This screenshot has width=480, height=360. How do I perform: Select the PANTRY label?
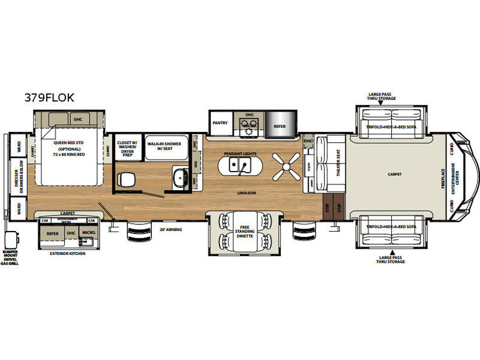[x=220, y=123]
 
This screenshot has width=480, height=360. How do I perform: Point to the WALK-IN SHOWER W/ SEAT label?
[x=164, y=147]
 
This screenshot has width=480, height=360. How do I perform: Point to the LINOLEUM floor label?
[x=247, y=193]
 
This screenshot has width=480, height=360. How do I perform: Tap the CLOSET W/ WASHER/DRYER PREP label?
[x=127, y=147]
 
